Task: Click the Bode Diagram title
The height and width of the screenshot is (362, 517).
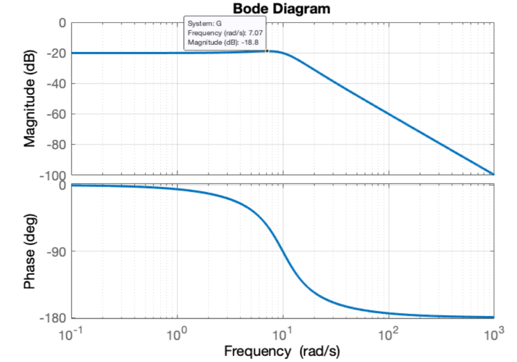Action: (x=282, y=9)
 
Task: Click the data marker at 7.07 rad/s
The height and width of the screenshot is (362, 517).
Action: (x=267, y=51)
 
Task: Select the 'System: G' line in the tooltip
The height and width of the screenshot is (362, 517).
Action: (x=201, y=23)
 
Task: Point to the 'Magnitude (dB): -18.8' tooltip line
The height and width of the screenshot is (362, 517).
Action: (x=220, y=42)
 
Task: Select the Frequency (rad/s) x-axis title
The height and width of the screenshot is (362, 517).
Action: (x=282, y=350)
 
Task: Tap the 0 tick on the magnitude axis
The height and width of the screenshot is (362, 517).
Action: (x=62, y=23)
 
